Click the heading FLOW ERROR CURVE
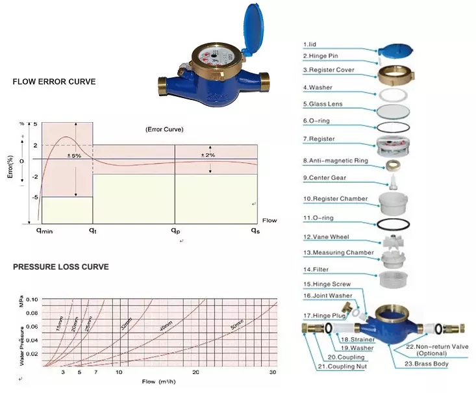(x=55, y=82)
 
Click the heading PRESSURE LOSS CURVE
(x=61, y=267)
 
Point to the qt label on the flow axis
(x=93, y=231)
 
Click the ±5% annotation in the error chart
(x=75, y=156)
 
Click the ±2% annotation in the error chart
(x=208, y=155)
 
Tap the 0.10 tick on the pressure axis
(x=32, y=299)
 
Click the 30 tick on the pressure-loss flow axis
(x=273, y=372)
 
